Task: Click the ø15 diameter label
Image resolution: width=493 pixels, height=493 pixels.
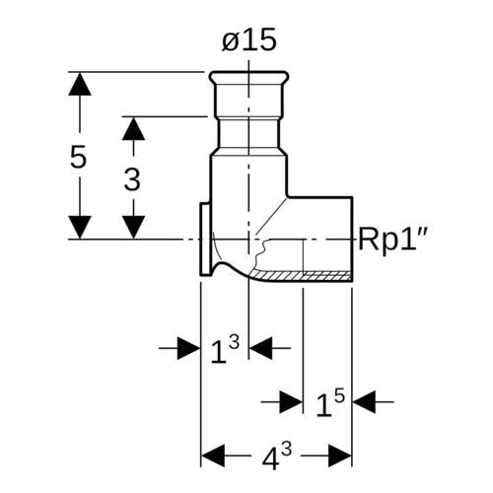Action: (248, 40)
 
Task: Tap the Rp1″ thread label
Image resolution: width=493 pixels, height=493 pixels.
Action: (392, 240)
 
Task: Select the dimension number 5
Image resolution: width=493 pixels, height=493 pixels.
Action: (78, 157)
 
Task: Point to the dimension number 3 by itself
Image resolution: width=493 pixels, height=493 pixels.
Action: (132, 179)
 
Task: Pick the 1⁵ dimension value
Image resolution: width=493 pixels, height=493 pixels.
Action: (330, 403)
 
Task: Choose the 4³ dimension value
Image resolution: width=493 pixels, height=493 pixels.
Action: (277, 457)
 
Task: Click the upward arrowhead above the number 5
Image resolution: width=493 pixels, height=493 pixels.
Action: (80, 84)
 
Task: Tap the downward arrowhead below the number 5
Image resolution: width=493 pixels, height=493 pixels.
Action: (80, 227)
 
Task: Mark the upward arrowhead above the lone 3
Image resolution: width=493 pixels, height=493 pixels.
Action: (133, 128)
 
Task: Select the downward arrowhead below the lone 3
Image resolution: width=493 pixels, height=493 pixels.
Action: (133, 227)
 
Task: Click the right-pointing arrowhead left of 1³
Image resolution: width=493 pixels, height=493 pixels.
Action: (188, 348)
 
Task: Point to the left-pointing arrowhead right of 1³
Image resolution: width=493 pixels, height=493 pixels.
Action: (261, 348)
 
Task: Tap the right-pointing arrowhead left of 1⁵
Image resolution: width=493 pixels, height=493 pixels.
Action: (291, 401)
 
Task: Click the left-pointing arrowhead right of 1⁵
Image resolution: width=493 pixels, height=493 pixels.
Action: (364, 401)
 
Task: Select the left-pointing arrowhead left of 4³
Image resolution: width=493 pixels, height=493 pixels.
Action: (213, 456)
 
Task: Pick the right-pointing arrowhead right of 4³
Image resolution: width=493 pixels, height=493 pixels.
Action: (340, 456)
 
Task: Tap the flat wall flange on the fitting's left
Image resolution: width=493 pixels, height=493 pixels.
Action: (205, 240)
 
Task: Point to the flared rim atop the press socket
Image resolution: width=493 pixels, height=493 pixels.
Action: (247, 78)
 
